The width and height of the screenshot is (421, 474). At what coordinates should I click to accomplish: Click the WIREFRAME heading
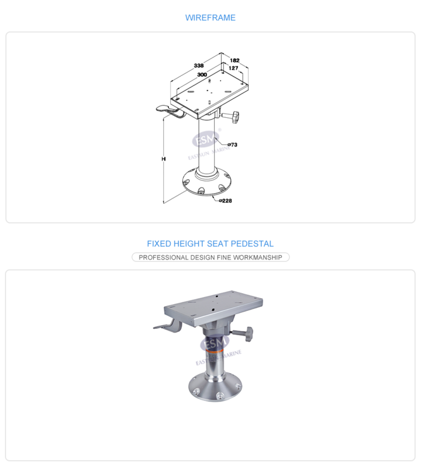pyautogui.click(x=210, y=18)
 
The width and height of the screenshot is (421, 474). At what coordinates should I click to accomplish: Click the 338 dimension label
pyautogui.click(x=199, y=65)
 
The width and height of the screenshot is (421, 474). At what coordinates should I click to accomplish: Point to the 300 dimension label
pyautogui.click(x=202, y=75)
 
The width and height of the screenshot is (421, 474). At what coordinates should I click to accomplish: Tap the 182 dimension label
pyautogui.click(x=234, y=61)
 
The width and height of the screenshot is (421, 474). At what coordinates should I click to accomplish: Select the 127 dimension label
pyautogui.click(x=233, y=68)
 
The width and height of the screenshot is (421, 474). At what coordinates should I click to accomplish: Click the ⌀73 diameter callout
pyautogui.click(x=232, y=145)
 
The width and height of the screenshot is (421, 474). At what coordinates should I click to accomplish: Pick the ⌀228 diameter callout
pyautogui.click(x=225, y=201)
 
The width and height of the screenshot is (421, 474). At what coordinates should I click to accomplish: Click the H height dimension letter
pyautogui.click(x=164, y=159)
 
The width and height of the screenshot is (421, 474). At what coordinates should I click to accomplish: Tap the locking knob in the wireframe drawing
pyautogui.click(x=235, y=117)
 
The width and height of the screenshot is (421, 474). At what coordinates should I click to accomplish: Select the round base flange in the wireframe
pyautogui.click(x=207, y=183)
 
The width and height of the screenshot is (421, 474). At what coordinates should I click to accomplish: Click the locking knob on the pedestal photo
pyautogui.click(x=249, y=334)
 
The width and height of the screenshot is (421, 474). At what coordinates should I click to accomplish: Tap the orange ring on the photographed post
pyautogui.click(x=214, y=351)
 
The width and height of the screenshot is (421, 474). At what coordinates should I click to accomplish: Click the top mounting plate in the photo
pyautogui.click(x=213, y=308)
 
